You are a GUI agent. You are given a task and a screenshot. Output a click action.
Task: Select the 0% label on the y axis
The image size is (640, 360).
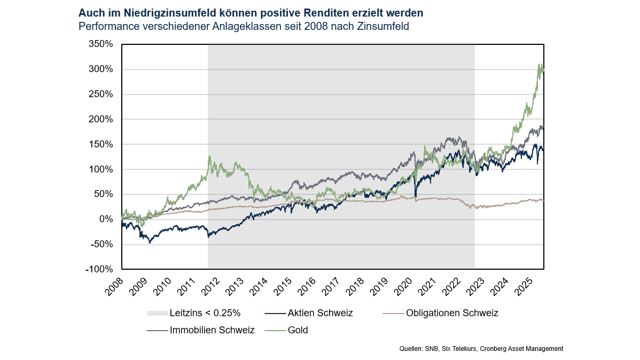click(x=106, y=220)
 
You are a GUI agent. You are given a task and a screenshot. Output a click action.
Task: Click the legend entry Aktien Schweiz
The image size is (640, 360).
click(x=320, y=313)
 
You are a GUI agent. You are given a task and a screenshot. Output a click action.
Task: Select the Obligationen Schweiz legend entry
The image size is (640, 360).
click(x=452, y=313)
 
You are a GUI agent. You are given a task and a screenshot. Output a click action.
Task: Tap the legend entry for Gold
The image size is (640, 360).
click(x=298, y=330)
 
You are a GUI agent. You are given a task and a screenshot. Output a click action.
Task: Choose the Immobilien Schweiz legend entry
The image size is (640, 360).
click(x=212, y=330)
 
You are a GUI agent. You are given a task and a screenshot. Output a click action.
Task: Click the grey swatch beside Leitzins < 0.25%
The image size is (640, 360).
click(x=156, y=313)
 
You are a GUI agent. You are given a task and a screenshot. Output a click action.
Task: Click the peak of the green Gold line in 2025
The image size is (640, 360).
click(x=538, y=65)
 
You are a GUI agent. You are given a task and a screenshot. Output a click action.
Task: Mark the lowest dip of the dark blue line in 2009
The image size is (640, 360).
click(x=150, y=243)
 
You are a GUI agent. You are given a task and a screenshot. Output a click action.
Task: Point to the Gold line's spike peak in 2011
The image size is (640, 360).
click(x=209, y=156)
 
